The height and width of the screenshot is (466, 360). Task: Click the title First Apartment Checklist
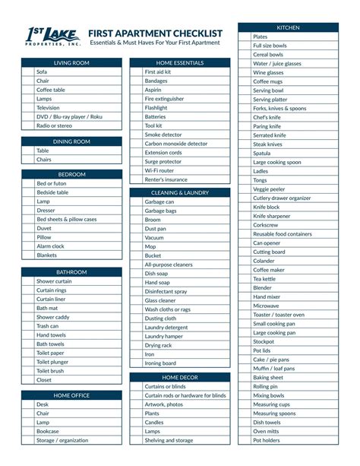pos(155,33)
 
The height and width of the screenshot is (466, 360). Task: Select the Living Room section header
pos(71,62)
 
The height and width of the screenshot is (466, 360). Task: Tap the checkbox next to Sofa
pos(28,71)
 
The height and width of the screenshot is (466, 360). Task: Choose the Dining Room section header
pos(71,141)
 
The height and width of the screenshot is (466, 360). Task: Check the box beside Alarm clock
pos(28,246)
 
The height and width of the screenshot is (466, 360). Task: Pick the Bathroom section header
pos(71,271)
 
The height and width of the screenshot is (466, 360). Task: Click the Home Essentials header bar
pos(180,62)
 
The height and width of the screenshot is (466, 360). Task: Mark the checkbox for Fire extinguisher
pos(137,99)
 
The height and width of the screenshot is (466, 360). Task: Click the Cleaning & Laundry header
pos(180,193)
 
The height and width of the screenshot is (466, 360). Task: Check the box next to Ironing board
pos(137,363)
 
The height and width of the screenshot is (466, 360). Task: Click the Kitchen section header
pos(288,27)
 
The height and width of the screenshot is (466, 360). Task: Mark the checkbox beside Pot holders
pos(245,440)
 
